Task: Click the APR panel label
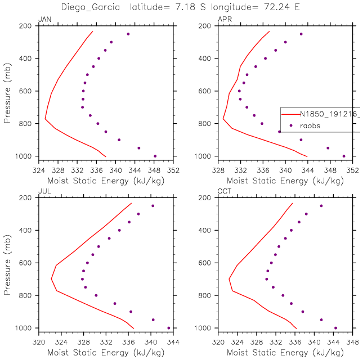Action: (x=224, y=19)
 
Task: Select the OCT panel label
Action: (x=224, y=191)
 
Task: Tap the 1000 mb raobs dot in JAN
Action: (x=155, y=156)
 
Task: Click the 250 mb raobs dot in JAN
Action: (x=128, y=34)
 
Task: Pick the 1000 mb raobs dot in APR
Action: (x=344, y=156)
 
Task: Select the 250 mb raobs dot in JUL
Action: (x=153, y=206)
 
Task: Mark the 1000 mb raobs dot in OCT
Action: (x=335, y=328)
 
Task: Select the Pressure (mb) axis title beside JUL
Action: (x=7, y=263)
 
